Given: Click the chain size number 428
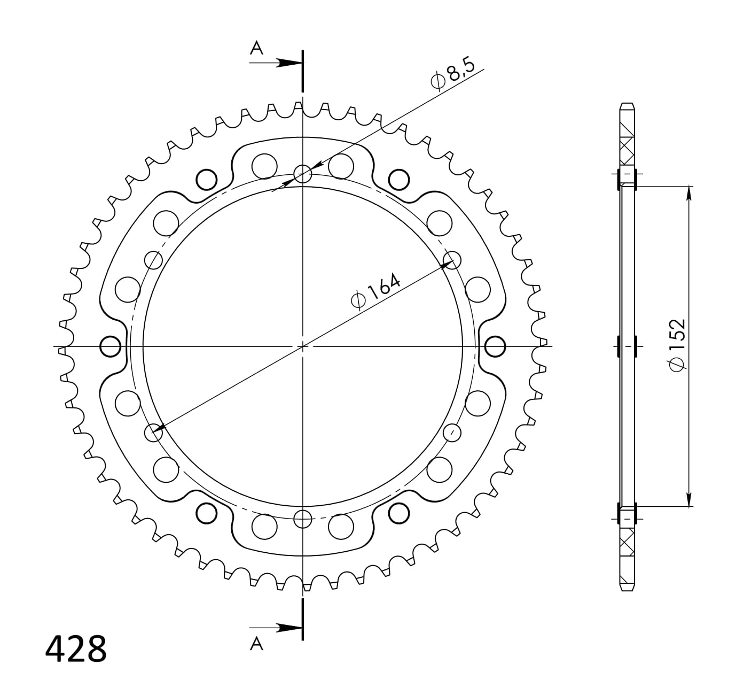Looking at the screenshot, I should coord(76,649).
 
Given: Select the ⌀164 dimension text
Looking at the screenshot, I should coord(375,292).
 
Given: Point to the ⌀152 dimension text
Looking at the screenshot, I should coord(676,345).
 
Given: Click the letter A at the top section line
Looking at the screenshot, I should coord(257,49).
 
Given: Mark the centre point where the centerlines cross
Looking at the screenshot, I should coord(303,346).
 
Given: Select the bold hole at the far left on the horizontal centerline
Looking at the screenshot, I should coord(111,346).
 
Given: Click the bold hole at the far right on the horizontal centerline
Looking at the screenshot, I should coord(495,346).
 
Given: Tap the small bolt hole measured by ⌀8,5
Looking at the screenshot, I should coord(303,174).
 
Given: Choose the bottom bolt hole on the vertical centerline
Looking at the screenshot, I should coord(303,518).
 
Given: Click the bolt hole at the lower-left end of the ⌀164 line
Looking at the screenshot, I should coord(154,432).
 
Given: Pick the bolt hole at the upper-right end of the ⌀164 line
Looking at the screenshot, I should coord(452,260).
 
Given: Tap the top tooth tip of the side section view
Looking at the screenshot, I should coord(627,105).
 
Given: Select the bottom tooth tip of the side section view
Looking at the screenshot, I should coord(627,589).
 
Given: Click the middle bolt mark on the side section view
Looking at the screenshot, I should coord(627,346).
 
